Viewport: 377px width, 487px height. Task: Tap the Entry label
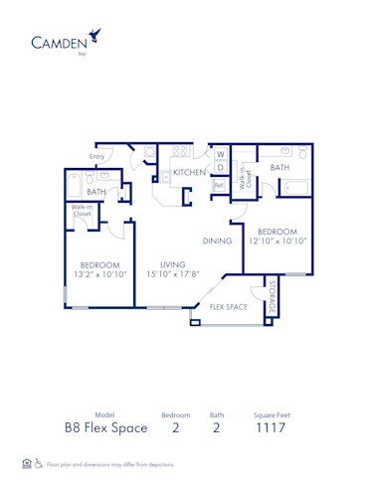click(x=97, y=157)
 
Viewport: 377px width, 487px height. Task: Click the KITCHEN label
click(x=189, y=173)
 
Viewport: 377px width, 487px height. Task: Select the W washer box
click(x=220, y=154)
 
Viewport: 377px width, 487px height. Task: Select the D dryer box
click(x=220, y=169)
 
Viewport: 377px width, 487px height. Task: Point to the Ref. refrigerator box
click(x=219, y=185)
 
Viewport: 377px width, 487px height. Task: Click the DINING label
click(x=217, y=241)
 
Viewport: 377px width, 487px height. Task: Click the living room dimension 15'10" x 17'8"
click(x=161, y=275)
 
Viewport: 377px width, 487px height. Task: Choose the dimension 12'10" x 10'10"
click(x=278, y=241)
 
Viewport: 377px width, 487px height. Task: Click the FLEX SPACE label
click(x=229, y=308)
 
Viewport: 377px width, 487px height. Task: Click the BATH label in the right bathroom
click(x=280, y=168)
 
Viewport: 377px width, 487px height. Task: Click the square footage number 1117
click(x=272, y=427)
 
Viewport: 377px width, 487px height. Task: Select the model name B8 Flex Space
click(x=106, y=427)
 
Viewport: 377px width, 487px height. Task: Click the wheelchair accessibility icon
click(x=39, y=463)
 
